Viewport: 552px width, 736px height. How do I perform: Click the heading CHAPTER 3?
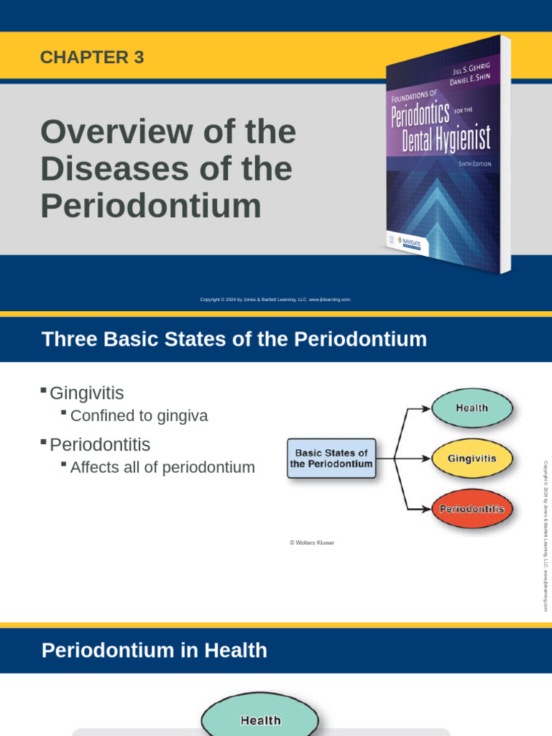click(x=92, y=58)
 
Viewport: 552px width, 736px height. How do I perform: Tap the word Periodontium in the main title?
click(x=151, y=206)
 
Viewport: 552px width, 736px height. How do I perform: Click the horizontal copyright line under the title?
click(x=275, y=300)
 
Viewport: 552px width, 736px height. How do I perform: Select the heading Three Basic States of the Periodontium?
click(x=234, y=339)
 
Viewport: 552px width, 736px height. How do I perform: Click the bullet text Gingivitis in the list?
click(x=87, y=393)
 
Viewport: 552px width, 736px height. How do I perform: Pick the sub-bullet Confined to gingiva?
click(x=139, y=415)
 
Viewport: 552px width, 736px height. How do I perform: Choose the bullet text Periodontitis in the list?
click(x=100, y=444)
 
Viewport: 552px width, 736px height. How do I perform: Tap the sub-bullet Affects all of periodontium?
click(x=162, y=467)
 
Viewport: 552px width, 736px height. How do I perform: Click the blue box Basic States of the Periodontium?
click(x=331, y=459)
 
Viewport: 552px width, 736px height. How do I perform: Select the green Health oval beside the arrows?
click(x=471, y=408)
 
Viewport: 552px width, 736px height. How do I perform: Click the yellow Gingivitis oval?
click(x=471, y=458)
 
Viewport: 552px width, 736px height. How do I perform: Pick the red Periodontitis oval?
click(x=471, y=509)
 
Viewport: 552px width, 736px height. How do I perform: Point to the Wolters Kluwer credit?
click(x=312, y=543)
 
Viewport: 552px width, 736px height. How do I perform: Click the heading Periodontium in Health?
click(x=155, y=650)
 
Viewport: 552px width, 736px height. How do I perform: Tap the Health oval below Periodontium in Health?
click(x=260, y=719)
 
